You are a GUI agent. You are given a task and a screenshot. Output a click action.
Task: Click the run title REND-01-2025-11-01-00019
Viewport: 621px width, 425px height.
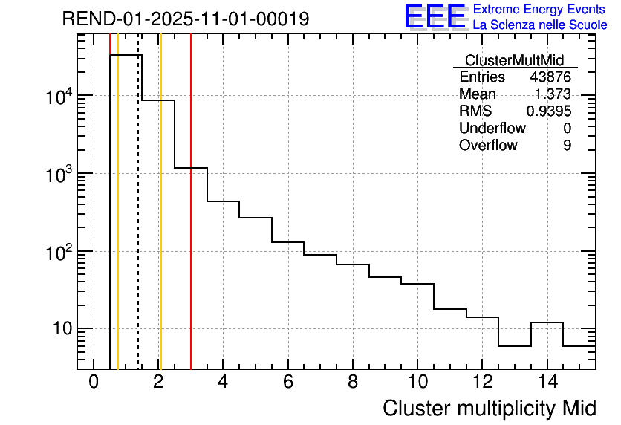click(x=185, y=19)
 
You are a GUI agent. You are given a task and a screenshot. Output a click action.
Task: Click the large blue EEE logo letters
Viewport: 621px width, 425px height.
click(x=435, y=16)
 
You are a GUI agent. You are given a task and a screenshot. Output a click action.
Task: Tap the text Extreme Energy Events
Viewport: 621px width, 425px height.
click(x=539, y=10)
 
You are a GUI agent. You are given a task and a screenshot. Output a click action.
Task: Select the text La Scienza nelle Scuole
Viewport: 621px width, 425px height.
click(x=540, y=25)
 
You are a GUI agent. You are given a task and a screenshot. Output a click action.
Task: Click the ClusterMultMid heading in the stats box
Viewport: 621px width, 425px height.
click(x=514, y=60)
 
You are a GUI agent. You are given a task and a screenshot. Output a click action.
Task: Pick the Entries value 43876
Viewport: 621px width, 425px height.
click(x=550, y=77)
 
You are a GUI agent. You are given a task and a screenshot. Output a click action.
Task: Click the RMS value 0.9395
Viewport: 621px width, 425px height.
click(x=549, y=111)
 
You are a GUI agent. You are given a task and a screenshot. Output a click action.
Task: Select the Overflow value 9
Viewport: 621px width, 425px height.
click(x=567, y=146)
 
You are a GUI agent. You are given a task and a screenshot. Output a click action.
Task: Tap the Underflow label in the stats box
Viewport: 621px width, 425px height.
click(x=492, y=129)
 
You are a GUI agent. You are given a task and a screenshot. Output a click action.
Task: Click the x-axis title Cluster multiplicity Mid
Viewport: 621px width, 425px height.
click(x=490, y=408)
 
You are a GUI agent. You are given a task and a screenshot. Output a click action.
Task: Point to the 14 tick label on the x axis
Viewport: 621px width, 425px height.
click(x=547, y=382)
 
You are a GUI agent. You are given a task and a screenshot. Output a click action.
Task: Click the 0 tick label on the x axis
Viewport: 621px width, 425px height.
click(x=94, y=382)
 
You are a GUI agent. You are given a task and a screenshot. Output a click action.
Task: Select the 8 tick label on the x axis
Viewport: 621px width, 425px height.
click(x=353, y=382)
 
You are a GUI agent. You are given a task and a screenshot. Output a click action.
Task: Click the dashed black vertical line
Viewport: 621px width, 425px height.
click(x=138, y=223)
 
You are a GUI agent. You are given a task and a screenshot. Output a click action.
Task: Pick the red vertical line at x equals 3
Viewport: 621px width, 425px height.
click(x=191, y=223)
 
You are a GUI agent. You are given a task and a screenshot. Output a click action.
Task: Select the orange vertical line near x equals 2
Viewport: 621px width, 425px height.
click(x=160, y=223)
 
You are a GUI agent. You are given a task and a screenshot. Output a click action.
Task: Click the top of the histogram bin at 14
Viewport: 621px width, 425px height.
click(x=547, y=322)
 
